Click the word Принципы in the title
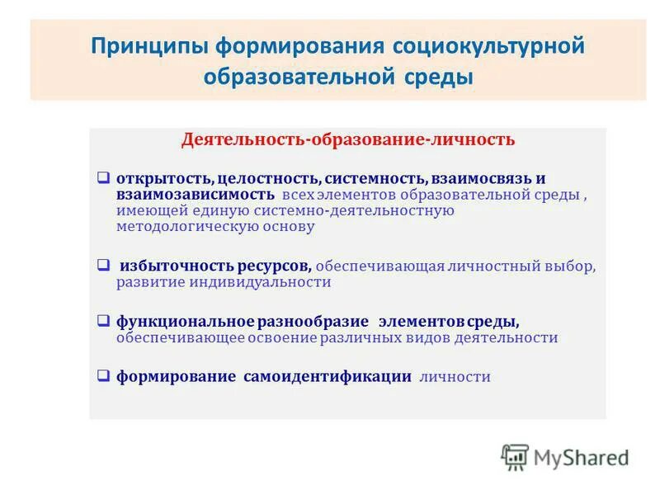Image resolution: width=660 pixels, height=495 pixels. pos(150,45)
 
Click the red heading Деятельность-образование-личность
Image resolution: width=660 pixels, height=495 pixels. pos(348,139)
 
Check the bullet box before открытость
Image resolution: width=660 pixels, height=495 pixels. pos(103,177)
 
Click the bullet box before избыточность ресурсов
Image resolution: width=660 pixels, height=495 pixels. pos(103,266)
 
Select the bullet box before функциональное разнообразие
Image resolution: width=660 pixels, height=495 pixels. pos(103,321)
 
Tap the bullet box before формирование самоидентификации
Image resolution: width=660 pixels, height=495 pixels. pos(103,376)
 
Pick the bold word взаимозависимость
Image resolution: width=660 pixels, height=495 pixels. pos(195,195)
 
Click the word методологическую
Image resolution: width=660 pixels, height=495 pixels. pos(174,226)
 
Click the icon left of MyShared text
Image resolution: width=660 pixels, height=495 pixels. pos(515,456)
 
